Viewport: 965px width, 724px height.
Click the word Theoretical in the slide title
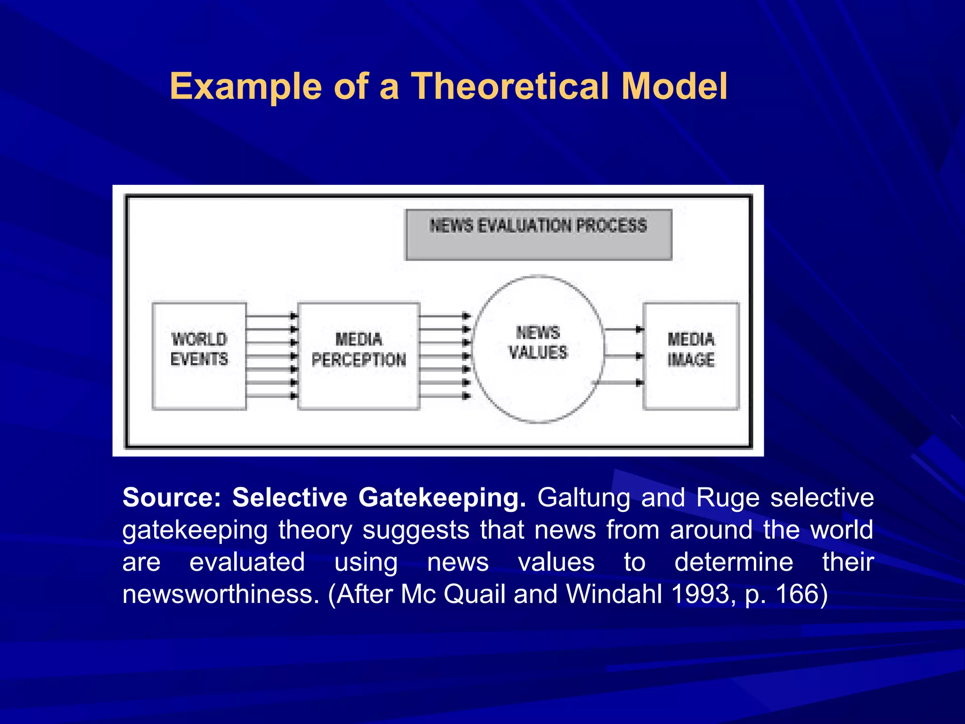[x=511, y=86]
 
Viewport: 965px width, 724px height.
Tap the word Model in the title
[x=674, y=86]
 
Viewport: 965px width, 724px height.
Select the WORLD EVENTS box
[x=199, y=356]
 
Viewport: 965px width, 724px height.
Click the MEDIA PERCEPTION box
[x=359, y=356]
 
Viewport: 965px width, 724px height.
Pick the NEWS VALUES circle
[x=538, y=349]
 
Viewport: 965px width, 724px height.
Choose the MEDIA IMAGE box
[x=691, y=356]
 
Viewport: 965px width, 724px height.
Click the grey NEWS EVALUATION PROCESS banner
[x=539, y=234]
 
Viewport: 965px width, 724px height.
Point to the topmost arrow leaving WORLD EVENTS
[x=271, y=316]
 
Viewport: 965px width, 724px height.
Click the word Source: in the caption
[x=172, y=498]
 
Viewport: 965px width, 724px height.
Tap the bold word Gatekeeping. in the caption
[x=442, y=498]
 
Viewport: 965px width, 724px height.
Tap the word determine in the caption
[x=734, y=562]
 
